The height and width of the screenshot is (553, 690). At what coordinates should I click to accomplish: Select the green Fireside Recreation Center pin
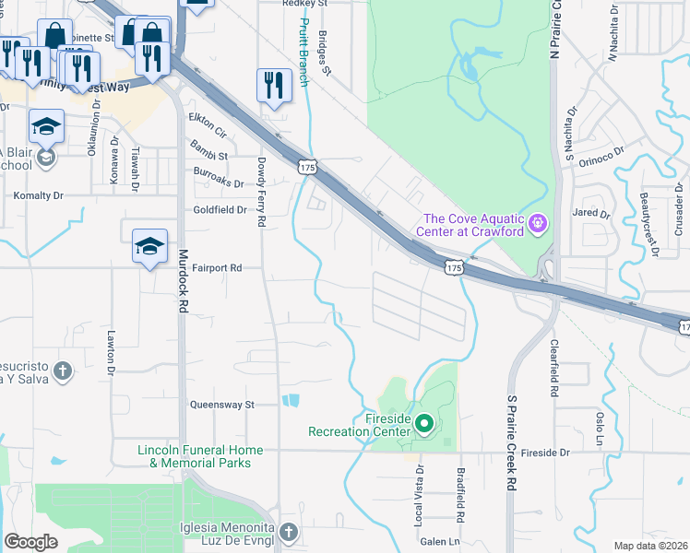click(424, 424)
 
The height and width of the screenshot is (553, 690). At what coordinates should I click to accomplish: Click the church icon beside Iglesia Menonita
click(289, 533)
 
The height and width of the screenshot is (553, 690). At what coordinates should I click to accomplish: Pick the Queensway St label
click(221, 405)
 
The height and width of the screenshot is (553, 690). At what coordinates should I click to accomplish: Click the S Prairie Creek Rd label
click(511, 442)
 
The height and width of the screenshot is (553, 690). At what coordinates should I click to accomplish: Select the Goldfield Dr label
click(220, 210)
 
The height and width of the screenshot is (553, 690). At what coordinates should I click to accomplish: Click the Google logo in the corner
click(30, 542)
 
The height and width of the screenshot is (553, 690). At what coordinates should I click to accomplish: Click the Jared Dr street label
click(591, 214)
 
